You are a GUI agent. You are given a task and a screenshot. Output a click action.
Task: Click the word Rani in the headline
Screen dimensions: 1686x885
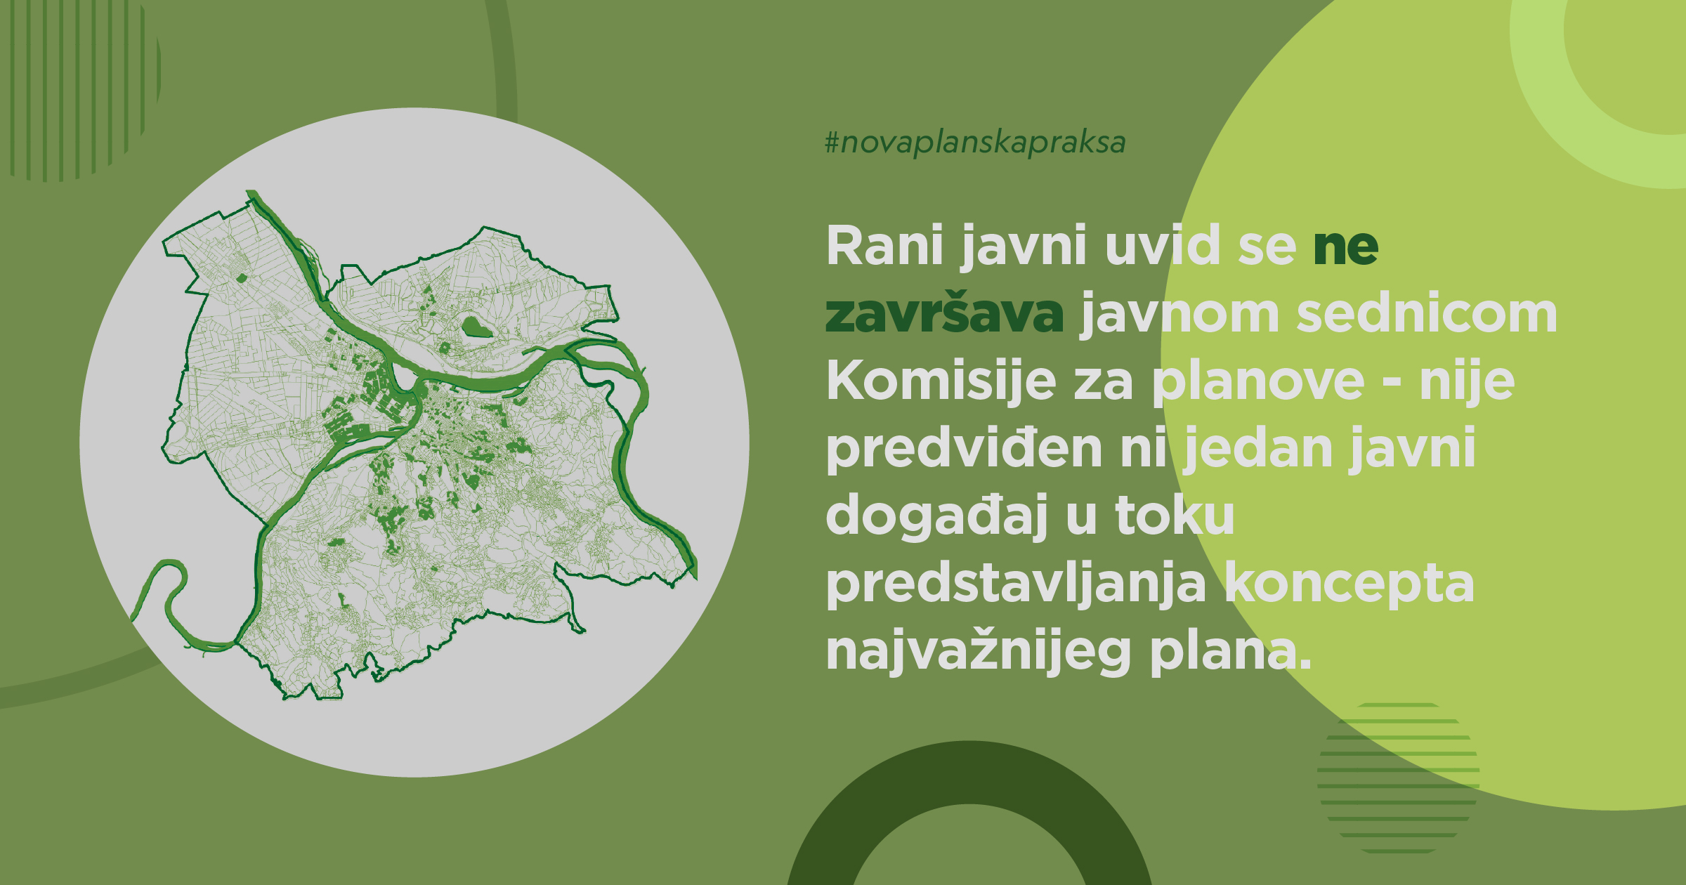[884, 245]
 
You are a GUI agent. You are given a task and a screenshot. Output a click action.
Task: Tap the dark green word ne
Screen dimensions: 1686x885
[1345, 247]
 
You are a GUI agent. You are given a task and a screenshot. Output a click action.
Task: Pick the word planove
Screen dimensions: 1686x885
[1258, 383]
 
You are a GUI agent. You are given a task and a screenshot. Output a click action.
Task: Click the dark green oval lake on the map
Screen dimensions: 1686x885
[476, 327]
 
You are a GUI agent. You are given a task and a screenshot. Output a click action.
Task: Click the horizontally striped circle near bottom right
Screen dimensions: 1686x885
[1398, 778]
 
